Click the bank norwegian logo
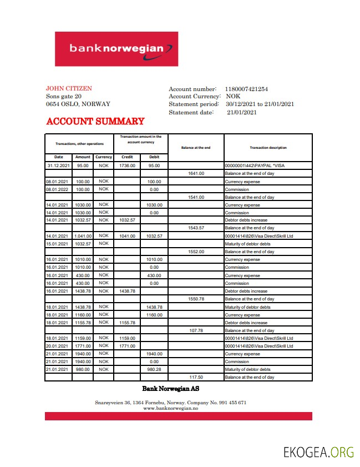click(116, 49)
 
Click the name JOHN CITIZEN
click(69, 88)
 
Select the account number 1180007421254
click(246, 89)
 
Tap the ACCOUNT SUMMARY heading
click(95, 122)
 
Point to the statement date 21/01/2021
click(242, 112)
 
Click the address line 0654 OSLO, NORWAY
click(78, 104)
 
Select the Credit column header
click(127, 157)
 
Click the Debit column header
click(154, 157)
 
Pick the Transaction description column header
click(268, 148)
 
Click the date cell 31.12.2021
click(58, 165)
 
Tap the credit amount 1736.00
click(127, 165)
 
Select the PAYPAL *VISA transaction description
click(255, 165)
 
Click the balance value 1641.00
click(196, 173)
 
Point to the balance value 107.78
click(196, 330)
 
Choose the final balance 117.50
click(196, 377)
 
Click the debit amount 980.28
click(154, 369)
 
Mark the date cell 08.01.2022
click(58, 189)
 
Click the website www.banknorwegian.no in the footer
click(171, 408)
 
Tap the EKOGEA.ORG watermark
click(318, 452)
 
